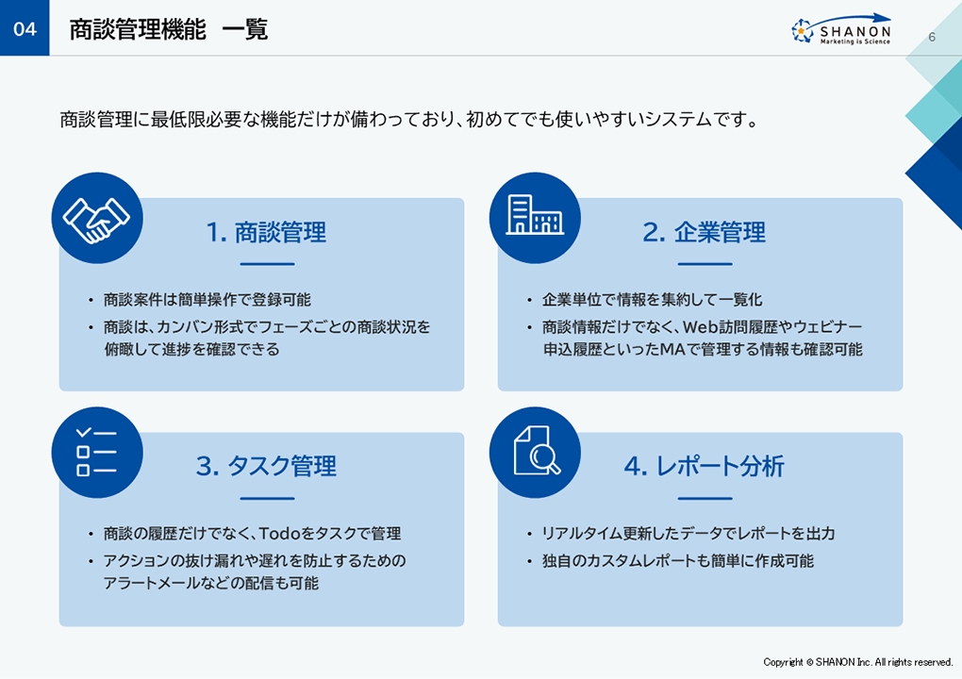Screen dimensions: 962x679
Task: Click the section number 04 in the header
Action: point(25,29)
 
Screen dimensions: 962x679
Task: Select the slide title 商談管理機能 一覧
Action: point(168,29)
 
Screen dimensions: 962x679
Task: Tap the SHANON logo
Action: point(841,29)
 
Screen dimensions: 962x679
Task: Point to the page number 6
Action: point(931,37)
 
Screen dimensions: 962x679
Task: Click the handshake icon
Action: point(97,219)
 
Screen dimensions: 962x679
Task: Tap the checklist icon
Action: point(97,453)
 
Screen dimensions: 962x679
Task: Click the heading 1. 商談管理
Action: point(266,233)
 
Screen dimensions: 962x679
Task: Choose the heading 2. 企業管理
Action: point(705,233)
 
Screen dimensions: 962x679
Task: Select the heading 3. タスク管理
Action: point(266,466)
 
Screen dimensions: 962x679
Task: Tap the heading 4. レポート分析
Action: point(705,466)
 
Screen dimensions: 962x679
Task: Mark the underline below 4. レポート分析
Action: point(705,499)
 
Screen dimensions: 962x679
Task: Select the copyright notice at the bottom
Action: point(857,662)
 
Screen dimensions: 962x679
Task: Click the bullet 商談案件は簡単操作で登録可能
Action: point(207,300)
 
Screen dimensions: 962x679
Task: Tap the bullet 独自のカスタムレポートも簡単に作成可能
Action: point(678,560)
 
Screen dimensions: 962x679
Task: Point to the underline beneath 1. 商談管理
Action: point(268,264)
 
